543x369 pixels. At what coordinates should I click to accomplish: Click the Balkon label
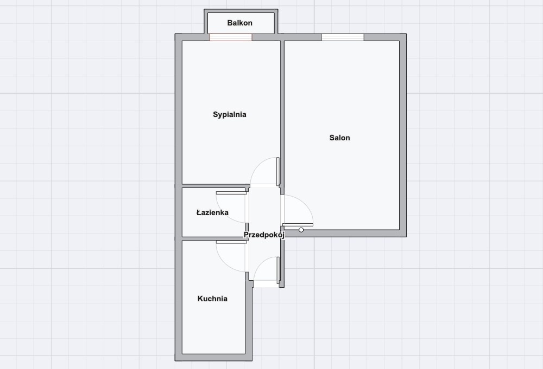tap(239, 23)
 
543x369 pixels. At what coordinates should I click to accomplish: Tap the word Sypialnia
tap(230, 115)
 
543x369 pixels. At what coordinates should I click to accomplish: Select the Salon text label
tap(340, 138)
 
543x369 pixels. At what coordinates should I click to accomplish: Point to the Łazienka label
tap(212, 212)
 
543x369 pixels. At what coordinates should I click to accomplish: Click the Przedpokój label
tap(264, 235)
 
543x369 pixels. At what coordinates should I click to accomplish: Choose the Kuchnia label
tap(212, 299)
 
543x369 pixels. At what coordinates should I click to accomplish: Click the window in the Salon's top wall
tap(343, 37)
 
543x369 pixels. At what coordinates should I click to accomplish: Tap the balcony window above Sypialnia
tap(231, 37)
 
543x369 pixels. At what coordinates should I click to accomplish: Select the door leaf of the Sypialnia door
tap(277, 172)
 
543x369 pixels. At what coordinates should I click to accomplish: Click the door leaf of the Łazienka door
tap(231, 193)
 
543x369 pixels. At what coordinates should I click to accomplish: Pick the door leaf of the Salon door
tap(298, 225)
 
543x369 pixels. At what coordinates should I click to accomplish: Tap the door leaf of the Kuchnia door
tap(231, 242)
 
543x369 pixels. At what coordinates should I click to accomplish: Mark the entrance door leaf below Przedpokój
tap(278, 270)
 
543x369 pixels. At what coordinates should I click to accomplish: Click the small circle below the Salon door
tap(301, 230)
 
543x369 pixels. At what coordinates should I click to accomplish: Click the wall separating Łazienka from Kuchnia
tap(213, 239)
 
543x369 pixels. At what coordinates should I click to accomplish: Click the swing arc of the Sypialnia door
tap(258, 165)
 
